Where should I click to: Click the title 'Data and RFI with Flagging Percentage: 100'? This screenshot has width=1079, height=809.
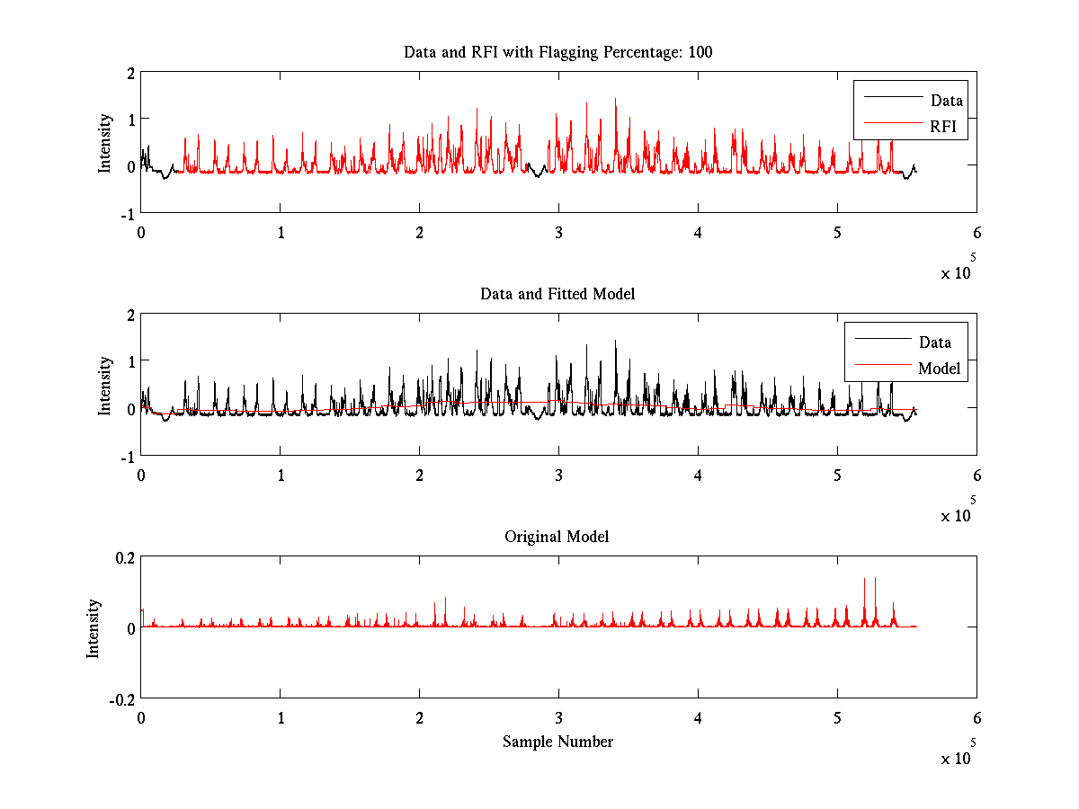[x=557, y=52]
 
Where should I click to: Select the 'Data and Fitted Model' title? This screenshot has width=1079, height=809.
[x=557, y=294]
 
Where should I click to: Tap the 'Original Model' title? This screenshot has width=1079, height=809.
[x=557, y=537]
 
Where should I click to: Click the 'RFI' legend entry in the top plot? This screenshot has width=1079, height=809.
[x=946, y=128]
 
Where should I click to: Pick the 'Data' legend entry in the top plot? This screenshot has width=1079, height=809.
[x=946, y=101]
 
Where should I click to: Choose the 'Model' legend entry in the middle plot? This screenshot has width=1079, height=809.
[x=939, y=368]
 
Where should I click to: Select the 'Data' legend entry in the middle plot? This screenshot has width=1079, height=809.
[x=934, y=342]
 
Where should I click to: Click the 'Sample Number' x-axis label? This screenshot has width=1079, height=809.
[x=557, y=742]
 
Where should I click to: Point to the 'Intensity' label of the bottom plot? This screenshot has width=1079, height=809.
[x=94, y=627]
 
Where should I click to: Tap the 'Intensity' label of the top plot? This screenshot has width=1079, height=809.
[x=105, y=142]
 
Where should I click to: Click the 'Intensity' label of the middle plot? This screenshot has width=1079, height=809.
[x=105, y=385]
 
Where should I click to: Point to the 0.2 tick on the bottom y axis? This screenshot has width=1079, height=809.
[x=124, y=556]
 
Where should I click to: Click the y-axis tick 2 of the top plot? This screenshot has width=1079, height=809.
[x=131, y=73]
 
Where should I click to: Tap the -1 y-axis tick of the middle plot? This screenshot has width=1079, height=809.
[x=129, y=456]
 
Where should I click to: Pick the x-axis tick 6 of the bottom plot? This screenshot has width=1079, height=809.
[x=976, y=718]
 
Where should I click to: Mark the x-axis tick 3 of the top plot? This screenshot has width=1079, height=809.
[x=558, y=233]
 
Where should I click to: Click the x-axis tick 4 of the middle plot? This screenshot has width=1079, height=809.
[x=698, y=476]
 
